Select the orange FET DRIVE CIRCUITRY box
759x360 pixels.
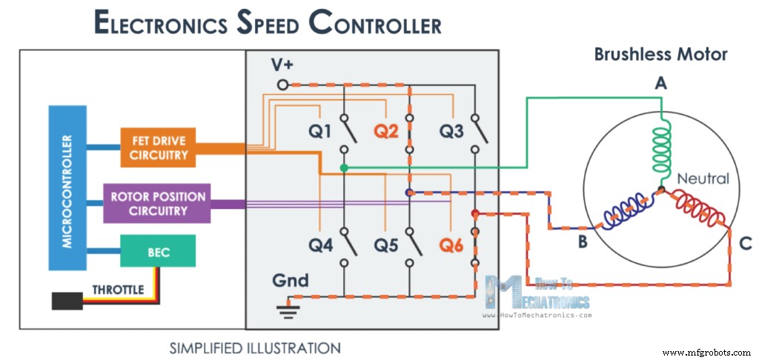pos(159,147)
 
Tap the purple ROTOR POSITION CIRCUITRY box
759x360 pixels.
pos(159,204)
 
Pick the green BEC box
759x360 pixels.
pos(159,252)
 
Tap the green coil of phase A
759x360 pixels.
pos(659,148)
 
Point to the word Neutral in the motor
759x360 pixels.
pos(703,179)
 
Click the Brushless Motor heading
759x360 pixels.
pos(660,54)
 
